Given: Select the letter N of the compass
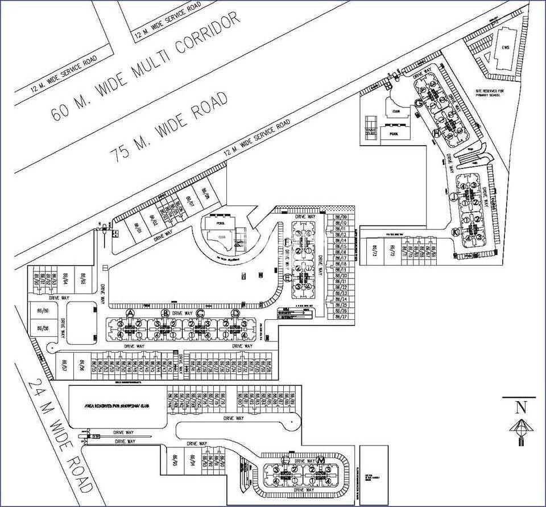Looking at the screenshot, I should point(519,407).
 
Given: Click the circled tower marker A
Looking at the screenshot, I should point(130,314).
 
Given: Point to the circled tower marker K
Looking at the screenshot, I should point(455,232).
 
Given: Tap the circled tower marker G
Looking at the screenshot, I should point(418,102).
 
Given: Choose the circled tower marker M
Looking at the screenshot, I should point(321,460).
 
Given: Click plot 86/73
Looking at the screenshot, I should point(374,250).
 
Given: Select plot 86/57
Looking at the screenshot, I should point(64,365).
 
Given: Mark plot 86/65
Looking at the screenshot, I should point(82,281).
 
